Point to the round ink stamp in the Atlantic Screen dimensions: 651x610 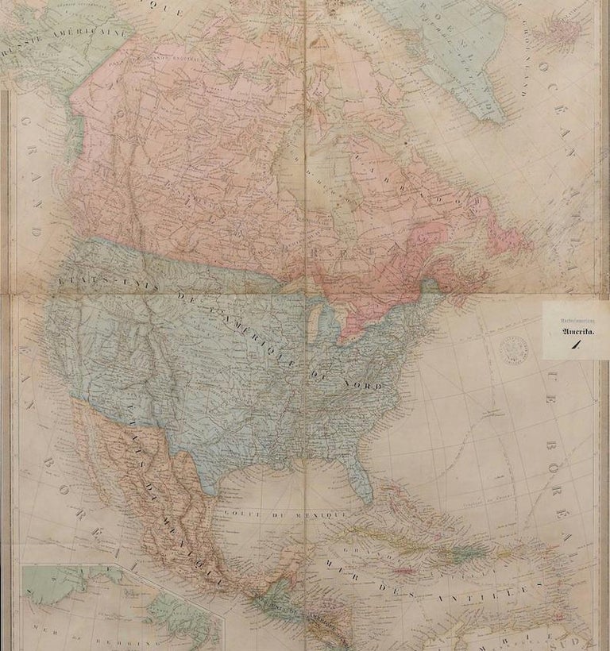(x=505, y=346)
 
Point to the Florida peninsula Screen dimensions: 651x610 (x=362, y=480)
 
